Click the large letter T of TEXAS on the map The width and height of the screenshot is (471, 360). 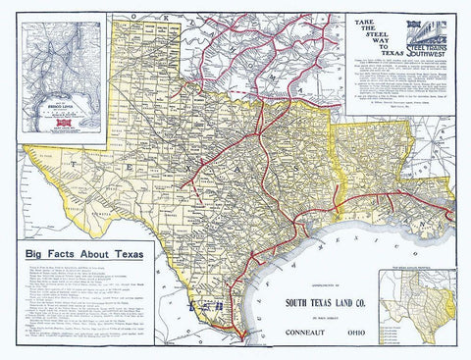pyautogui.click(x=99, y=169)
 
